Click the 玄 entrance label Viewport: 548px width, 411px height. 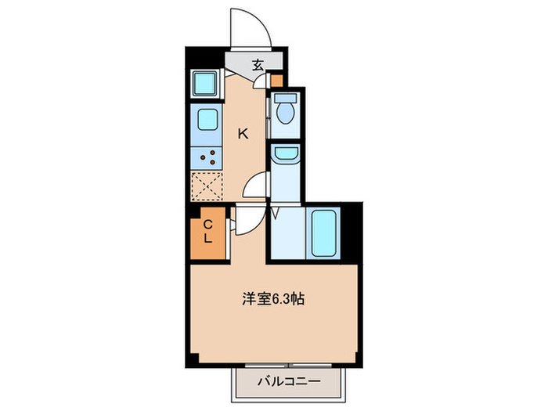coord(258,64)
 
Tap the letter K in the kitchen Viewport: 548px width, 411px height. coord(243,133)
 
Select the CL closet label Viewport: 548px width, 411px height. coord(208,232)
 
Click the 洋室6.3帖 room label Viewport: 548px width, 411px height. coord(272,298)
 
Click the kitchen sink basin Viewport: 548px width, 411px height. coord(207,120)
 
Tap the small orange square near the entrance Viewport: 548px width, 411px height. coord(276,79)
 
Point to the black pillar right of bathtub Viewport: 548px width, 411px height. coord(355,230)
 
